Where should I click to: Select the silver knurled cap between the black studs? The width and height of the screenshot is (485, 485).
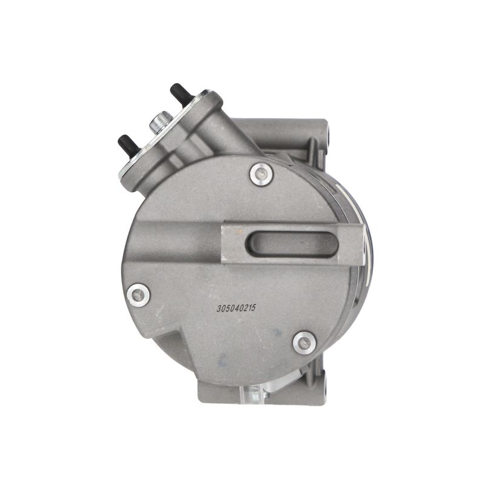click(x=161, y=122)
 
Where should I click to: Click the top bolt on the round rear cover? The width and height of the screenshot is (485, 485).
click(x=262, y=175)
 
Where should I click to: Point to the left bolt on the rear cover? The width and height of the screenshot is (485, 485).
click(x=139, y=295)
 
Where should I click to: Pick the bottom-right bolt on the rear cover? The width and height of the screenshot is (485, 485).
click(x=305, y=343)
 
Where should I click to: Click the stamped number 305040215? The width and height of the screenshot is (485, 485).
click(x=236, y=309)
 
